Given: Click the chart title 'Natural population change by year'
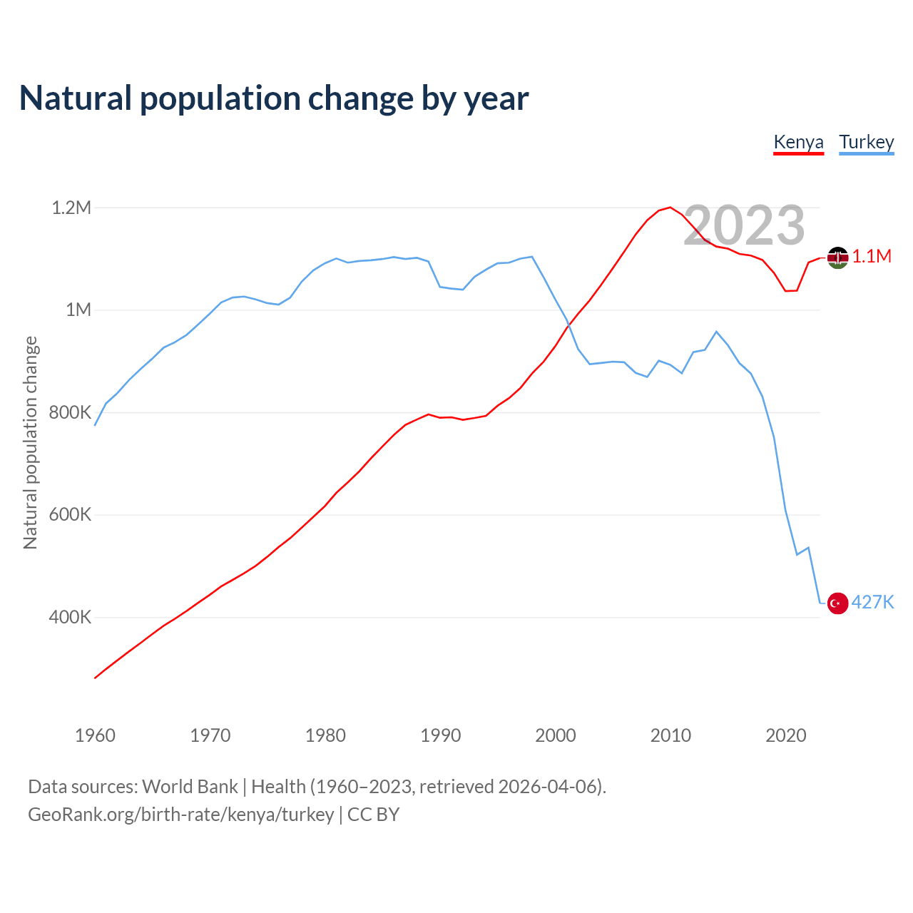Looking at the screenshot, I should click(274, 98).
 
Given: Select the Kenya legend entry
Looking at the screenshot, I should click(798, 142).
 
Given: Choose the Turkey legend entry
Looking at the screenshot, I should click(866, 142).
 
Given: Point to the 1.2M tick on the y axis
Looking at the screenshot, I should click(71, 208).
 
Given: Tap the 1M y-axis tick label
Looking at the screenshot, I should click(78, 310).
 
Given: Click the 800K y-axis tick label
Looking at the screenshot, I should click(70, 412).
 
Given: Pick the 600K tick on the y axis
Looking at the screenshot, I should click(70, 515).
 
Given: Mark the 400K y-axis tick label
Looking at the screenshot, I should click(70, 617).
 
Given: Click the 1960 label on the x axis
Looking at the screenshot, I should click(95, 735).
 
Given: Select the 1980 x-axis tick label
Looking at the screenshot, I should click(325, 735).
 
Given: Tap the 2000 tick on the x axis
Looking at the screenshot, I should click(556, 735).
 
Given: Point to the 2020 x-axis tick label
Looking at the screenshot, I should click(785, 735).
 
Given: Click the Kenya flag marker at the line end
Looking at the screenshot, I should click(837, 257).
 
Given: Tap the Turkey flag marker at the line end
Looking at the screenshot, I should click(837, 603).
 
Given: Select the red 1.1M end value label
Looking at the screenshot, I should click(872, 257).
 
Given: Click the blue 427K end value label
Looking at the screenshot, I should click(872, 603).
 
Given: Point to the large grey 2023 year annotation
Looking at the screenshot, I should click(744, 225).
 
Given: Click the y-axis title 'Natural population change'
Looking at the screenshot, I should click(30, 442).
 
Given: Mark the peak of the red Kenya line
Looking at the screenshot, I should click(670, 208).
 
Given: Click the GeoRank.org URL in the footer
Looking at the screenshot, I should click(180, 815).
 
